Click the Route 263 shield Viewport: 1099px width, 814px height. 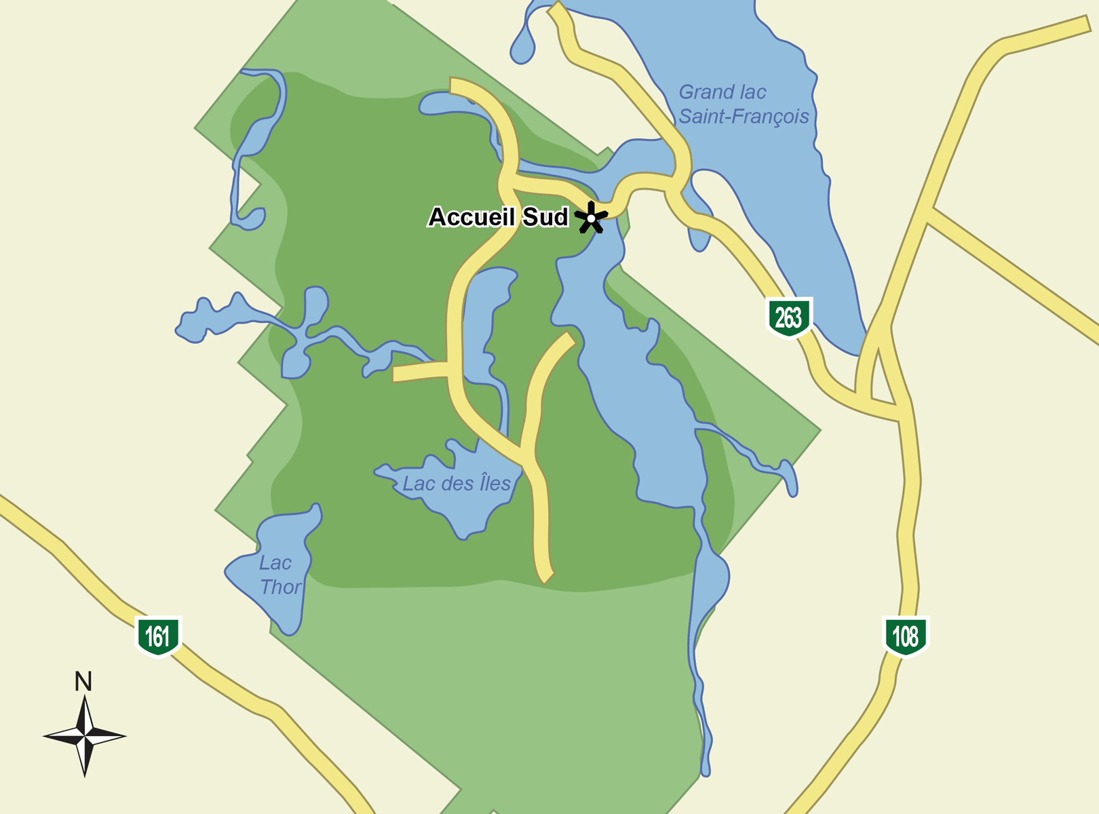788,317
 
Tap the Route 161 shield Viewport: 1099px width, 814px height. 158,636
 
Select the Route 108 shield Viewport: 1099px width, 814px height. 906,636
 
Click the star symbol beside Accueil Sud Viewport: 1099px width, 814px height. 592,218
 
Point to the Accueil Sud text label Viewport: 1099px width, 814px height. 498,217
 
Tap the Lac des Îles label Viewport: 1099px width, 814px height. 456,484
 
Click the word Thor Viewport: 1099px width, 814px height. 280,587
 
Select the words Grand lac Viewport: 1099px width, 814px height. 722,92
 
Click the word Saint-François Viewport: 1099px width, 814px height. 744,117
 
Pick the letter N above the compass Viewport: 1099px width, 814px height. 83,682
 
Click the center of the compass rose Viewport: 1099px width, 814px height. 85,736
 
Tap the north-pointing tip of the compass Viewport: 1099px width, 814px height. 84,697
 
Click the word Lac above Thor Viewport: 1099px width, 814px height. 275,563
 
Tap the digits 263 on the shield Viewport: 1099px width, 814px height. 788,317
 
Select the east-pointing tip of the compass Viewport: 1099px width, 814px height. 126,736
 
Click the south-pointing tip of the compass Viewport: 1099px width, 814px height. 85,776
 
